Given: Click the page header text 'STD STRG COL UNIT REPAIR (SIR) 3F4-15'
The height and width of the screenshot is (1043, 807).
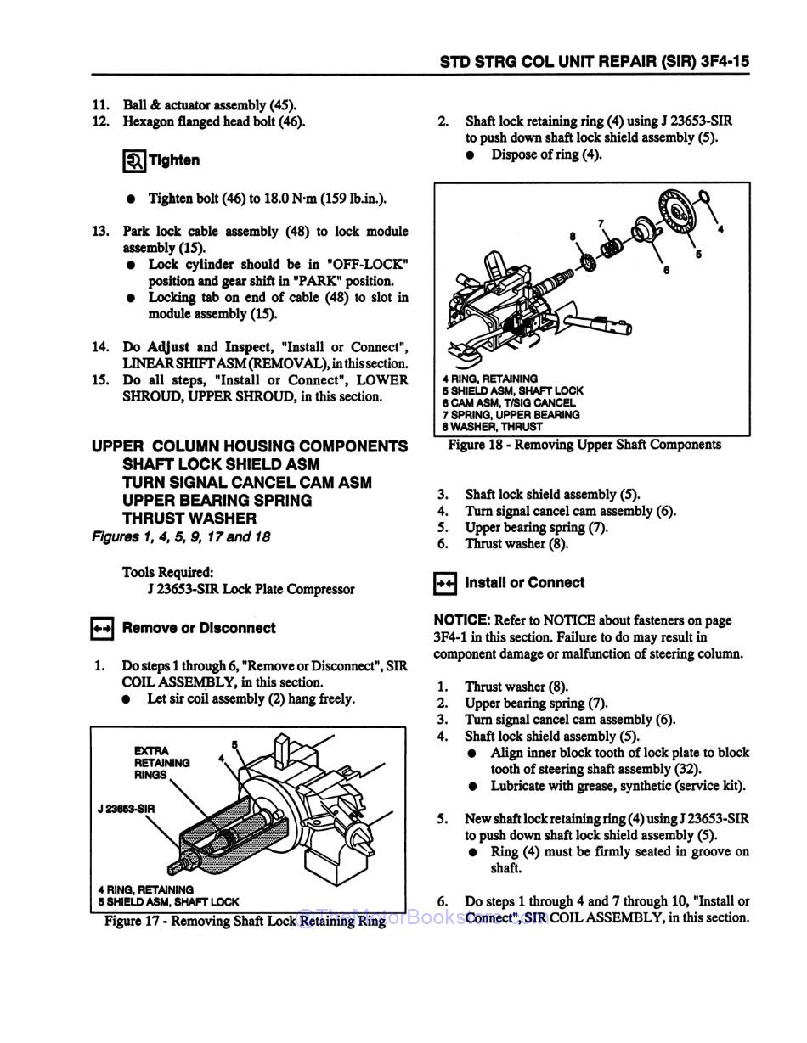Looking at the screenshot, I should [x=594, y=62].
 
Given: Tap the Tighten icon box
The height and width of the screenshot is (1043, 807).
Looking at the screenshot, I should [x=135, y=160].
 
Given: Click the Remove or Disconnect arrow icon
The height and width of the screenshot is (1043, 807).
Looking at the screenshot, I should [x=102, y=629].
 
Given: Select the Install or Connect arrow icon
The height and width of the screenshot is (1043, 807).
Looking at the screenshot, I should [x=445, y=583].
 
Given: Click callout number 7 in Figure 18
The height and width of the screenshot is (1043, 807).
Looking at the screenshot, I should [x=601, y=224].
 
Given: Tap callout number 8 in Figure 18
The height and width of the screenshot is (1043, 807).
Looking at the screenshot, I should [x=573, y=236].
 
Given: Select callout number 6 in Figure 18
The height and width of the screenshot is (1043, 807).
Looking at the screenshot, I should [x=666, y=270].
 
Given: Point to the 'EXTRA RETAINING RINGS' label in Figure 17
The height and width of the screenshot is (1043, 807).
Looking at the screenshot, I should [x=161, y=762].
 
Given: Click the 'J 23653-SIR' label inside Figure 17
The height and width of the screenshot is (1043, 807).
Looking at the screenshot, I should [x=126, y=809].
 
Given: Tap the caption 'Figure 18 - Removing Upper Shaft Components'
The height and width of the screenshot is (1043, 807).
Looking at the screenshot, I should [x=584, y=445].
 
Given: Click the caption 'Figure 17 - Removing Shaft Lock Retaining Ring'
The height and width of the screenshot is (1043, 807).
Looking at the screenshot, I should [x=245, y=921].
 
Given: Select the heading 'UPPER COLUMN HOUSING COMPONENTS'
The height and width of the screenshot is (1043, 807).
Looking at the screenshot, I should [x=250, y=446].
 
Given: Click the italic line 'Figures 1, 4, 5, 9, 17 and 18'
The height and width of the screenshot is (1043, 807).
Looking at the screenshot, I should [x=181, y=536].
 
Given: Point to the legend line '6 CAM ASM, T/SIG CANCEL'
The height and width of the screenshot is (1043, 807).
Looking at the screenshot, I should [x=508, y=402].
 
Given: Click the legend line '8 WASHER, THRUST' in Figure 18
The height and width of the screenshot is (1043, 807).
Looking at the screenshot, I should [x=492, y=427].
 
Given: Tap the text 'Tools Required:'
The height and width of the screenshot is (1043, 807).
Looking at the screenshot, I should [x=167, y=572].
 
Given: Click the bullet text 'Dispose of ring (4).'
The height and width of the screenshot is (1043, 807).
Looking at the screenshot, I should [x=546, y=154].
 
